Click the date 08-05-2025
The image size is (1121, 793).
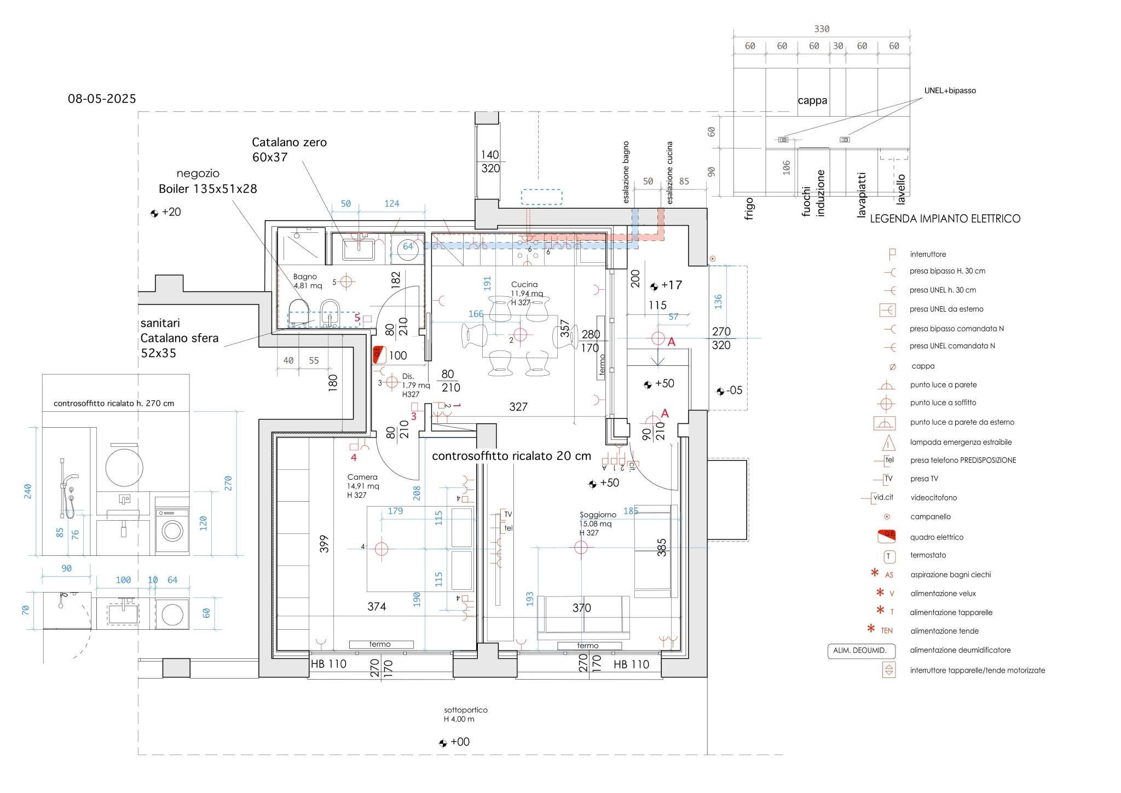click(102, 99)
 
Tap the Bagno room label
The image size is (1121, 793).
click(305, 277)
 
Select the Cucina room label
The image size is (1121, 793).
click(524, 285)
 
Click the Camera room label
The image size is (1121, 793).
click(362, 478)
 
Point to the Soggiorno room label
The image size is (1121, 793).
click(598, 515)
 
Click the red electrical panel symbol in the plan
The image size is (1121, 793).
click(377, 355)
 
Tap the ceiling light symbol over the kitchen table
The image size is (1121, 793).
click(520, 334)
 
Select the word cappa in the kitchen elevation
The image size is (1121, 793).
click(812, 101)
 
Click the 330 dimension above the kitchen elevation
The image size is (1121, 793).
click(822, 29)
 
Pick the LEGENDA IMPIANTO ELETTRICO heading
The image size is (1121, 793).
click(945, 219)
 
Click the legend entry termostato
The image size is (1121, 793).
click(928, 555)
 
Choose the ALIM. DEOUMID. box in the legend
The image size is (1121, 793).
click(860, 651)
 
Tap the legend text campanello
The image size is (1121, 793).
click(931, 517)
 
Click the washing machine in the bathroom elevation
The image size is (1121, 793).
click(172, 530)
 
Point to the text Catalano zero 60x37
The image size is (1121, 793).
click(289, 150)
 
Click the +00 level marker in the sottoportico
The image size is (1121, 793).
click(459, 742)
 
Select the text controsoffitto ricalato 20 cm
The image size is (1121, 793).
click(511, 456)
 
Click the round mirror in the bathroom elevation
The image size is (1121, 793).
click(124, 467)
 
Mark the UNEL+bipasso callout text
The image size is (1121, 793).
click(950, 91)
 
